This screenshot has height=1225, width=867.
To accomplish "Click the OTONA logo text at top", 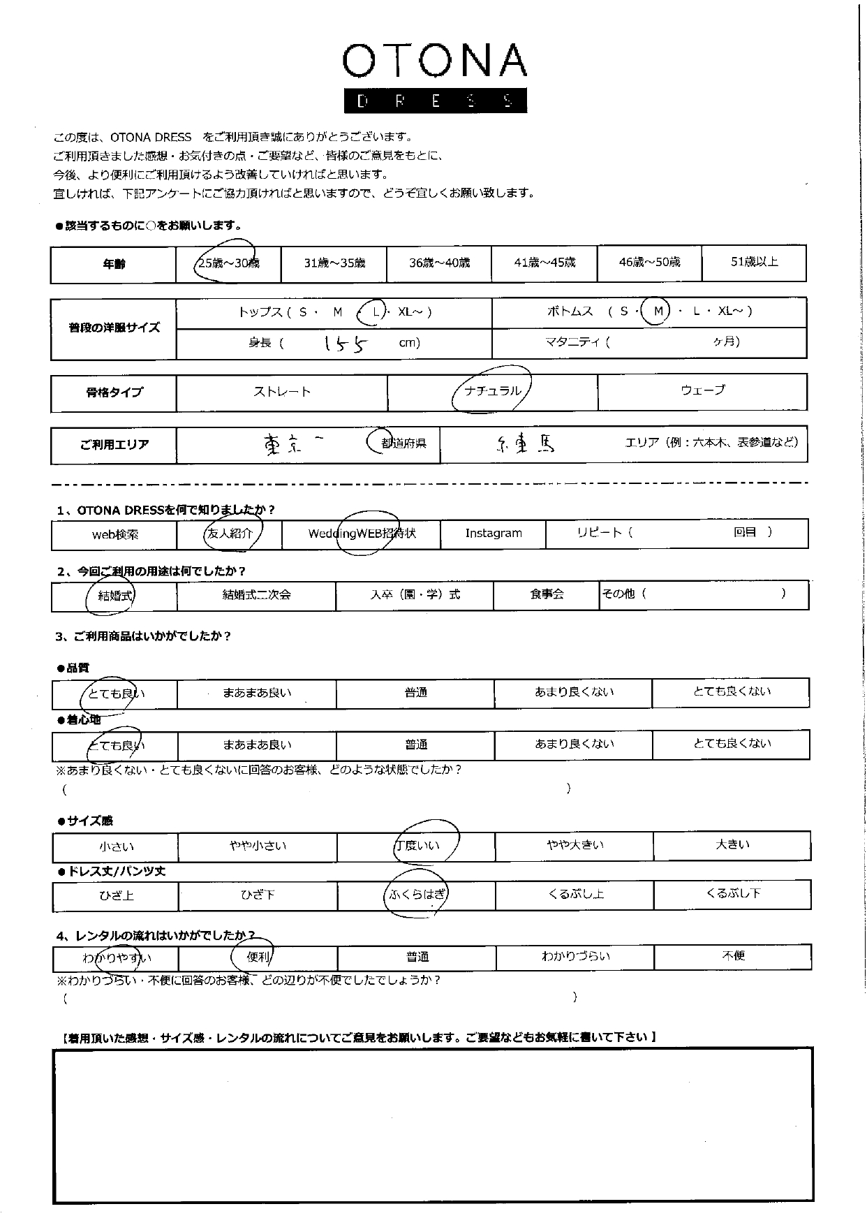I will pos(434,61).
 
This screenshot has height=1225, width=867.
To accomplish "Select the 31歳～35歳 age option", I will pos(334,263).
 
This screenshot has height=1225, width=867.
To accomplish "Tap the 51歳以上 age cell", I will pos(754,262).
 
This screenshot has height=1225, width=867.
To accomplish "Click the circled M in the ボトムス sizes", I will pos(656,311).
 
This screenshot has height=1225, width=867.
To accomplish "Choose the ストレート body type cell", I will pos(282,392).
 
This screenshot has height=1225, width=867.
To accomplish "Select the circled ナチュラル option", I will pos(492,390).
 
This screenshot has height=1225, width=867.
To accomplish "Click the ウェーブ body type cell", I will pos(702,390).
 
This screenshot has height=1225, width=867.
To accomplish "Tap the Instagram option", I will pos(494,534).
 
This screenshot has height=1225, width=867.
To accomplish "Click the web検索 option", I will pos(115,535).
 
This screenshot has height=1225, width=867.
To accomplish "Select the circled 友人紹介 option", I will pos(230,534).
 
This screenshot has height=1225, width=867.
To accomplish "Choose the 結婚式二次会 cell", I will pos(256,595).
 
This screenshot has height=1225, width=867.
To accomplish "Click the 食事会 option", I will pos(547,594).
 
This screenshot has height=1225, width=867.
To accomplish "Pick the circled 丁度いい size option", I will pos(417,846).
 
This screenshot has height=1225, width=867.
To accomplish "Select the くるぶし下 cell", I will pos(732,893).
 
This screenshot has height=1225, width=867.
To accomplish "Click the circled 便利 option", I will pos(258,957).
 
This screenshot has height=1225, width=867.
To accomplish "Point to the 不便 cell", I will pos(733,956).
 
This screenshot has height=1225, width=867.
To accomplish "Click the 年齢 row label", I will pos(114,264).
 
